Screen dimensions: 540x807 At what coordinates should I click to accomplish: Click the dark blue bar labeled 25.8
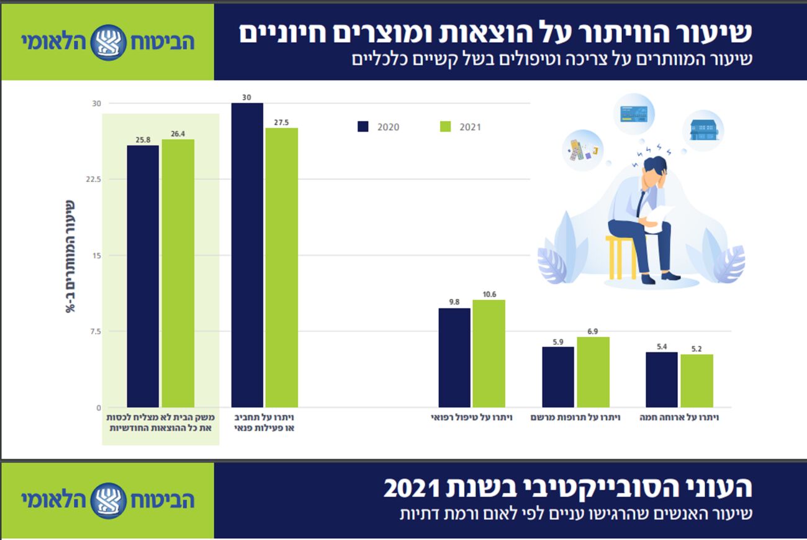[x=143, y=277]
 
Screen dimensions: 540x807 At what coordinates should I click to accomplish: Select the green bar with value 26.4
[x=178, y=273]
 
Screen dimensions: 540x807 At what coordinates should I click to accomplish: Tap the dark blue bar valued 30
[x=247, y=255]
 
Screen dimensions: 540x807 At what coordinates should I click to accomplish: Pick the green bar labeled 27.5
[x=282, y=267]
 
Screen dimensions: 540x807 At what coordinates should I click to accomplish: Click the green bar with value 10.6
[x=489, y=354]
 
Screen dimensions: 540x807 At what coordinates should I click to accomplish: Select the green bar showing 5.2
[x=697, y=380]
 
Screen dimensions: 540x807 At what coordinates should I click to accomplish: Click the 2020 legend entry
[x=379, y=127]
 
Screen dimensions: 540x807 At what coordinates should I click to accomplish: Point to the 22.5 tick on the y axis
[x=92, y=179]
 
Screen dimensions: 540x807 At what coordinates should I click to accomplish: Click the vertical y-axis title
[x=70, y=256]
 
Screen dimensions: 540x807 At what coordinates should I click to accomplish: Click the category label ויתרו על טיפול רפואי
[x=472, y=418]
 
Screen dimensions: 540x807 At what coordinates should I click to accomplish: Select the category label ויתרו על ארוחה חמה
[x=679, y=418]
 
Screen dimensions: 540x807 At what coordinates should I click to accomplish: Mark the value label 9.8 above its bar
[x=454, y=302]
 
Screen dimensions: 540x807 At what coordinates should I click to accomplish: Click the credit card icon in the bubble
[x=634, y=114]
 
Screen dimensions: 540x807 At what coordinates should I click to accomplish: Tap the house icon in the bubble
[x=703, y=130]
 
